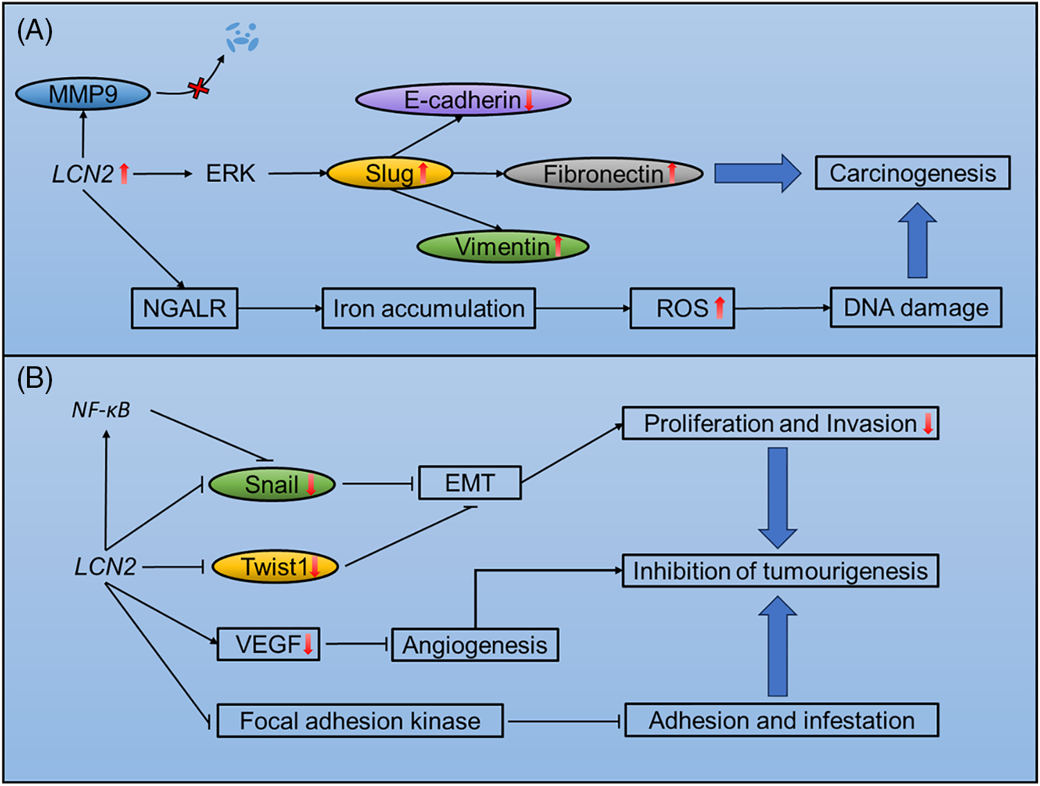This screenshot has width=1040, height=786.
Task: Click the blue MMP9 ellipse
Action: [83, 94]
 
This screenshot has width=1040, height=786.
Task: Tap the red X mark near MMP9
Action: [199, 88]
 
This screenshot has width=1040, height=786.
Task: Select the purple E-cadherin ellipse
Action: [463, 100]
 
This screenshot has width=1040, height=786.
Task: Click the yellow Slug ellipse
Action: [390, 173]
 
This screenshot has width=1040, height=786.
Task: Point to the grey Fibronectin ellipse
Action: [603, 174]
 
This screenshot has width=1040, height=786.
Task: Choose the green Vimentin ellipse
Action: [503, 247]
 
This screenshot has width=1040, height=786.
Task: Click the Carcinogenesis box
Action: [912, 173]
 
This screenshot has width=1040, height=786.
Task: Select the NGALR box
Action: [184, 308]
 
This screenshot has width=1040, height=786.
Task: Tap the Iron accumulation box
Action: [428, 308]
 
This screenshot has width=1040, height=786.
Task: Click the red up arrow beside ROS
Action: [720, 307]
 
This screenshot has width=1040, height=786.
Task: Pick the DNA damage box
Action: [916, 307]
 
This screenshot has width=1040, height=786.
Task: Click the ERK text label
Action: [231, 173]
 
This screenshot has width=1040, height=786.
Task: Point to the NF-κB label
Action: [101, 410]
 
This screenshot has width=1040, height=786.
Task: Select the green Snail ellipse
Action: [272, 484]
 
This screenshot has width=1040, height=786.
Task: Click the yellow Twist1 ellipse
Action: [275, 567]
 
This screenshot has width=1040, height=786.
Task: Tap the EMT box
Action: [470, 483]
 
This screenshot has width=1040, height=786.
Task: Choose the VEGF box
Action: [268, 644]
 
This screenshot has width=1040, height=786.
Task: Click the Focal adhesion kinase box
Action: [360, 721]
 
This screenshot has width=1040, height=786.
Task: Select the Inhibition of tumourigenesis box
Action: [780, 571]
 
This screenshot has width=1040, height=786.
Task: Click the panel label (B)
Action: [35, 379]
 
